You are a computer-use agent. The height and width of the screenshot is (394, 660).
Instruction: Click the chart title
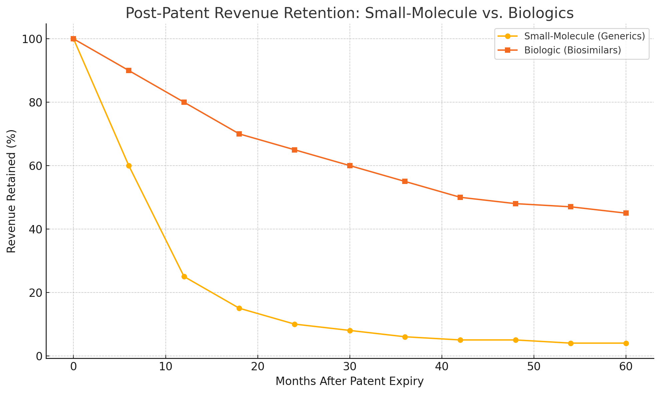[350, 13]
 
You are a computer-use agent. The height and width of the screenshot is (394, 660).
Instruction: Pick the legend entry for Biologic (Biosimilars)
[572, 50]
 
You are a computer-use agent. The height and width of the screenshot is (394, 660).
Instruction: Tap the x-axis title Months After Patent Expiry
[350, 381]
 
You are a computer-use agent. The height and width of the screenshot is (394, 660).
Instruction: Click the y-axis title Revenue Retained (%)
[11, 191]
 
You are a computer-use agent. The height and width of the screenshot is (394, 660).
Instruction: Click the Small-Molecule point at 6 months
[129, 166]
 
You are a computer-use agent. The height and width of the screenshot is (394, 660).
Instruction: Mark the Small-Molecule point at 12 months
[184, 277]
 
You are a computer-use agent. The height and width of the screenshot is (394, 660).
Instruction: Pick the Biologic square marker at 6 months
[129, 70]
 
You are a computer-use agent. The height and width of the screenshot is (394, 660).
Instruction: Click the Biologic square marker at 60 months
[626, 213]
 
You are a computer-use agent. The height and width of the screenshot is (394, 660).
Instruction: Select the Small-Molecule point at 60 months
[626, 343]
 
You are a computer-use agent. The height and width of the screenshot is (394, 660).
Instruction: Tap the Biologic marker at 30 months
[350, 166]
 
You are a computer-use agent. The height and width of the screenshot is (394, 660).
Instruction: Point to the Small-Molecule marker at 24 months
[294, 324]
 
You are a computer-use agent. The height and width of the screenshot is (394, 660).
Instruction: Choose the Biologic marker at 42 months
[460, 197]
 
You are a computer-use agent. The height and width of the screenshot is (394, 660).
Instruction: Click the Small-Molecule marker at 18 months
[239, 308]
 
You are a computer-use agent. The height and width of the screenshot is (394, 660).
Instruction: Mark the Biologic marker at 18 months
[239, 134]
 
